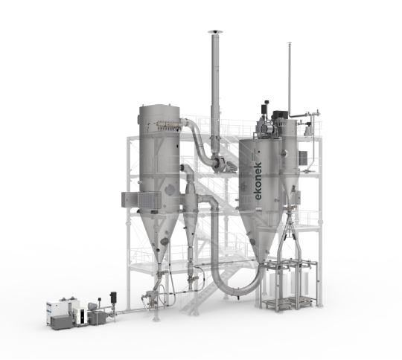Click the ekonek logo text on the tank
click(x=258, y=181)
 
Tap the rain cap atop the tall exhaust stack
click(x=215, y=32)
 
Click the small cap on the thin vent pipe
click(x=290, y=43)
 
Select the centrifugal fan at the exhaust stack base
click(x=219, y=164)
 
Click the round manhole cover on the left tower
click(x=170, y=190)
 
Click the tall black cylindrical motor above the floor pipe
click(x=113, y=298)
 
